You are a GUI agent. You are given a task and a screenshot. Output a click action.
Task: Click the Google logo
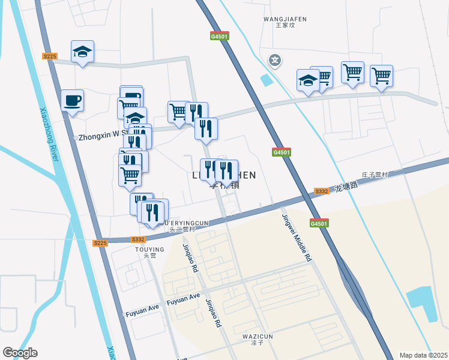[20, 353]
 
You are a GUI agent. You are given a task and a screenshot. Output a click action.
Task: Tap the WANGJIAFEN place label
[285, 19]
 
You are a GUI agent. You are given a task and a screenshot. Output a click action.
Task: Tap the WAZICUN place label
[258, 336]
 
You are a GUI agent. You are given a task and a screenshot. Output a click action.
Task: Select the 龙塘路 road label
[346, 187]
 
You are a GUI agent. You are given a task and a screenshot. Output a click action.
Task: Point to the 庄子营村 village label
[375, 175]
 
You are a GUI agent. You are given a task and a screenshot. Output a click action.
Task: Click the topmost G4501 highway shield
[220, 36]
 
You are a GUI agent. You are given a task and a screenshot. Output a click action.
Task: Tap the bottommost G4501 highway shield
[319, 223]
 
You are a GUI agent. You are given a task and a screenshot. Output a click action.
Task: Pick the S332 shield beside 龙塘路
[322, 191]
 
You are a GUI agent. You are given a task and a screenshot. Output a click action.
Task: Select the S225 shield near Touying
[100, 243]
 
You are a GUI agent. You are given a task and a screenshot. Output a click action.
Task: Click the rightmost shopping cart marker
[381, 76]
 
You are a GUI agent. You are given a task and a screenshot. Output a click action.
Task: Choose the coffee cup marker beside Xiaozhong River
[73, 101]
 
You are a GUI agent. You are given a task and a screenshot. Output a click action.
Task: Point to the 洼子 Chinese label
[258, 343]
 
